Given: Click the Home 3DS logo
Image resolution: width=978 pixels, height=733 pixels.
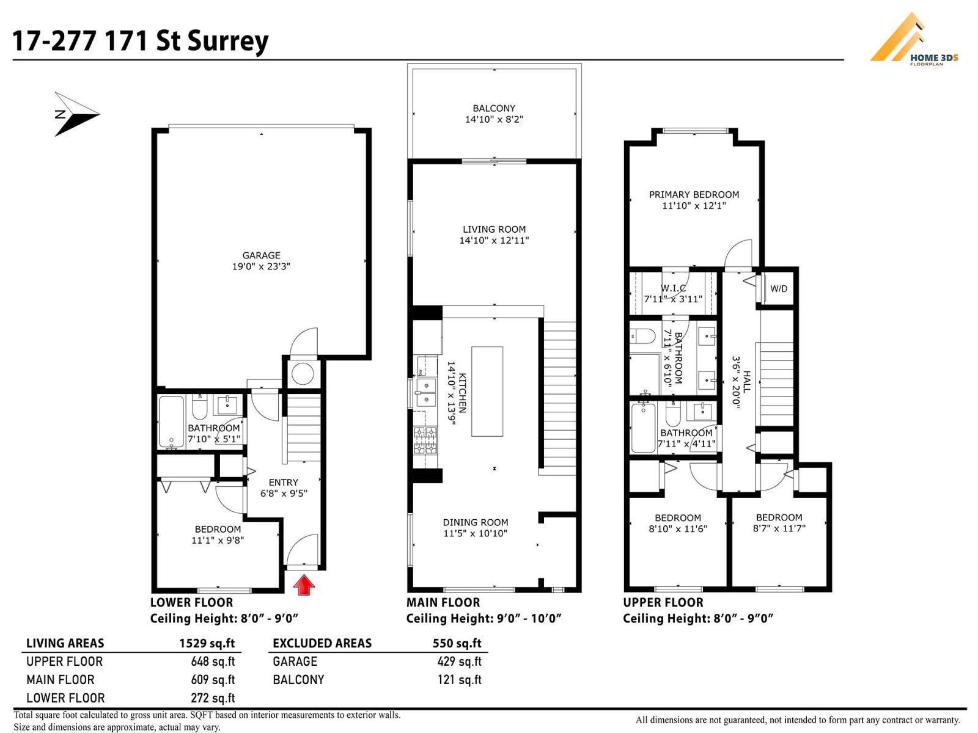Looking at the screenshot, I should click(913, 40).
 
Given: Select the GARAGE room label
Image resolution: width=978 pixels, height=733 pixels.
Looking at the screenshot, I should click(261, 255).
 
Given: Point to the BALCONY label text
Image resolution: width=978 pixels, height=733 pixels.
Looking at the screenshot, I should click(494, 108).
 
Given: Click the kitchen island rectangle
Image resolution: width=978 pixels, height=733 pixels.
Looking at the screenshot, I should click(487, 391).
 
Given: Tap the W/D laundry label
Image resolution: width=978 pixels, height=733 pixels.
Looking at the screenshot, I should click(778, 289).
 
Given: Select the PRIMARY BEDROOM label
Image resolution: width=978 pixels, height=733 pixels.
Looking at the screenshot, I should click(694, 195).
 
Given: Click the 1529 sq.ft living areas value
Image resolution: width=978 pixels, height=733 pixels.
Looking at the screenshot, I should click(207, 643).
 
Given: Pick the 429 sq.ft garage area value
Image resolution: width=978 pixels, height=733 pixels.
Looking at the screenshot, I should click(459, 662).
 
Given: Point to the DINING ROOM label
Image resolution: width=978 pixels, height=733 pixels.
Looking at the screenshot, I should click(476, 522).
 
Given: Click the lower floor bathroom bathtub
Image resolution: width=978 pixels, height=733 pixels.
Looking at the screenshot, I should click(171, 421).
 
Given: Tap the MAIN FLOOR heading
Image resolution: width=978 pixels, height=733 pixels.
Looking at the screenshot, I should click(443, 603).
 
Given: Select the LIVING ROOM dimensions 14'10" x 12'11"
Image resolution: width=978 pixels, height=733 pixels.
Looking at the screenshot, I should click(494, 241).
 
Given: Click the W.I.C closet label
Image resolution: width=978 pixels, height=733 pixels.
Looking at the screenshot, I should click(673, 288).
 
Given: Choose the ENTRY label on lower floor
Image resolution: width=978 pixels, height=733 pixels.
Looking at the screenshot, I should click(284, 483).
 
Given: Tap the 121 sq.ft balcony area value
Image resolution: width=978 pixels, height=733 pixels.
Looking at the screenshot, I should click(459, 680).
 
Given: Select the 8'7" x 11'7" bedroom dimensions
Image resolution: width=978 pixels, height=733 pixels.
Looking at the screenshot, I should click(779, 528).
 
